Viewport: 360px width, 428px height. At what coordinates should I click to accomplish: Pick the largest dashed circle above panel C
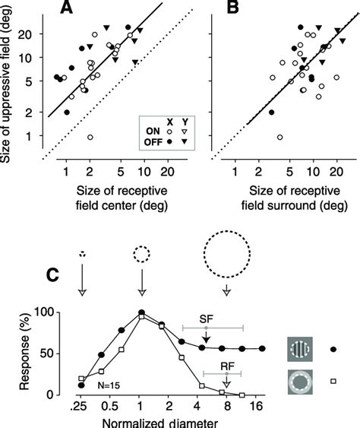pos(226,258)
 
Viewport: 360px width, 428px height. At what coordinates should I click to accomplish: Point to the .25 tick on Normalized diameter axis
pos(81,406)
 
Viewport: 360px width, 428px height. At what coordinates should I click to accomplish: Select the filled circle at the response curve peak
pos(141,312)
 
